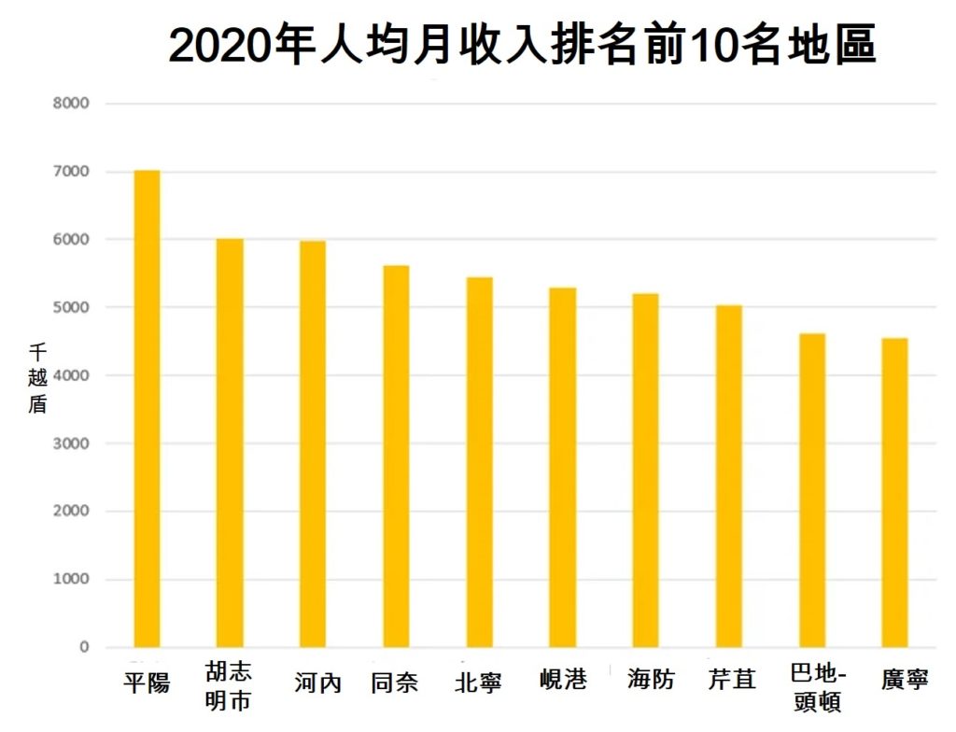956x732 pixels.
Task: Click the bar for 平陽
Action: tap(147, 409)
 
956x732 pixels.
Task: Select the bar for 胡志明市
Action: tap(230, 443)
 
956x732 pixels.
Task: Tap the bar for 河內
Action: tap(313, 444)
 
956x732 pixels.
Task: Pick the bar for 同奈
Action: tap(396, 457)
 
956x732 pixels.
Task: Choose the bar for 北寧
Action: tap(479, 462)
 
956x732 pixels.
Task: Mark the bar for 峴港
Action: tap(562, 468)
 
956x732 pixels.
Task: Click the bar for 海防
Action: tap(645, 471)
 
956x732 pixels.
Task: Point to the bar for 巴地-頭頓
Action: tap(811, 490)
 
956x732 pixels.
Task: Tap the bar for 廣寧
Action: tap(894, 493)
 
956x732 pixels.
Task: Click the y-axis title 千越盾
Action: tap(37, 379)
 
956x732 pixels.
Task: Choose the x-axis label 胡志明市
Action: tap(229, 686)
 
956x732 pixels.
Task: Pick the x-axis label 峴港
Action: tap(563, 680)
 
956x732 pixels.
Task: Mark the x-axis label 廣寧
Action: tap(905, 681)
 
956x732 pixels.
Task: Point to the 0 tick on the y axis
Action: tap(83, 648)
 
